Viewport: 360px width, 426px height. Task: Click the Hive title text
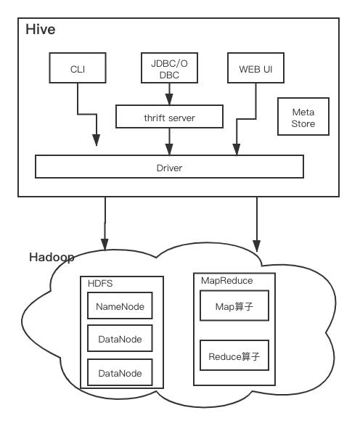[40, 30]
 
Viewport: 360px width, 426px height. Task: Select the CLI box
[78, 70]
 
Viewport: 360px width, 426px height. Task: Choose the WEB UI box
[255, 70]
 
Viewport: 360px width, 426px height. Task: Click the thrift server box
[169, 117]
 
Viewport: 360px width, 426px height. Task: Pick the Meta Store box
[303, 118]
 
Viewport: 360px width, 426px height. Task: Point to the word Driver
[169, 168]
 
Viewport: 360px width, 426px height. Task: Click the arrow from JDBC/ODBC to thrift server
[169, 94]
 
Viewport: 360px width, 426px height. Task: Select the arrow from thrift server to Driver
[169, 142]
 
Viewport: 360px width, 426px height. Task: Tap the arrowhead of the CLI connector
[96, 142]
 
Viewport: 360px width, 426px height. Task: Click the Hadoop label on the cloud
[51, 258]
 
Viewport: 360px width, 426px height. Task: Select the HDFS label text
[100, 283]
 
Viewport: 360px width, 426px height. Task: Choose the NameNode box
[120, 307]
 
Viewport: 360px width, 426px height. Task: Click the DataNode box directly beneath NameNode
[120, 339]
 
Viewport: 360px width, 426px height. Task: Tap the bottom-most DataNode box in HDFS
[120, 373]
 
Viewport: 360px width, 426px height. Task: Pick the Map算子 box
[234, 308]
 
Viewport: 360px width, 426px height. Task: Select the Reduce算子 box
[234, 357]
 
